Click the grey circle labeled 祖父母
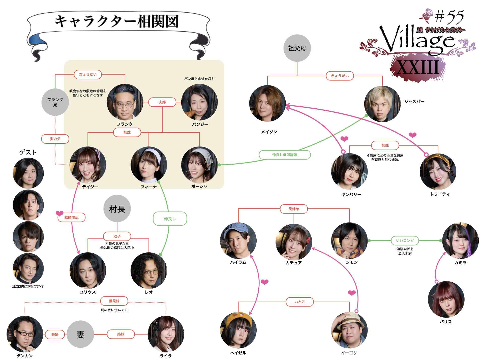coord(297,48)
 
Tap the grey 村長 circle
coord(117,209)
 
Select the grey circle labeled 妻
coord(80,334)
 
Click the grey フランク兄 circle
coord(55,102)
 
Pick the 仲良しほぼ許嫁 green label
coord(285,155)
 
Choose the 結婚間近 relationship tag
coord(72,217)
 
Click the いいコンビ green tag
coord(405,240)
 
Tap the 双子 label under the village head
coord(117,236)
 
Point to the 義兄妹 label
coord(114,301)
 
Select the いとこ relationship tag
coord(299,302)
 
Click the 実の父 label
coord(55,139)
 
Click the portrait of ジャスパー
coord(382,104)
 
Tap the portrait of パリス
coord(446,299)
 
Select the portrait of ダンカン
coord(25,334)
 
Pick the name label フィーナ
coord(149,187)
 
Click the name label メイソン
coord(269,132)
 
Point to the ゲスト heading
coord(28,152)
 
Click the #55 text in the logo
coord(449,17)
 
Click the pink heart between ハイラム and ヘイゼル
coord(264,282)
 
